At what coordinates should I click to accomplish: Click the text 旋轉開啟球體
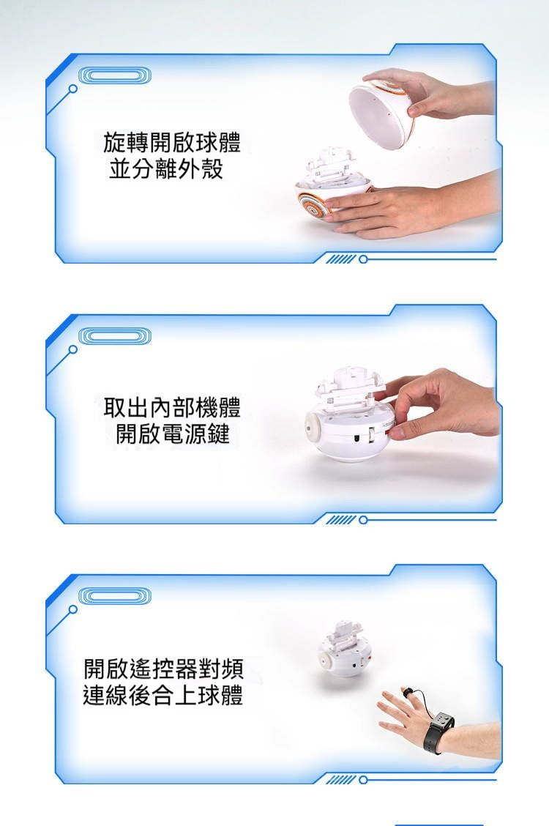(x=171, y=142)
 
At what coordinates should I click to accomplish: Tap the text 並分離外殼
(x=166, y=168)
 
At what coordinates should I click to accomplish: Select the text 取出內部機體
(x=171, y=406)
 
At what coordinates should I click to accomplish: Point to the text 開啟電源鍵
(x=172, y=434)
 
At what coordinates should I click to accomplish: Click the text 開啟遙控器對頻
(x=163, y=669)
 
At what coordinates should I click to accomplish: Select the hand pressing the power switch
(x=438, y=403)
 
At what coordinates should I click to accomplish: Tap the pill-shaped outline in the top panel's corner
(x=115, y=76)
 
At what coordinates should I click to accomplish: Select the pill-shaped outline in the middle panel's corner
(x=115, y=336)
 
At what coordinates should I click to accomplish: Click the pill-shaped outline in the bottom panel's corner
(x=115, y=596)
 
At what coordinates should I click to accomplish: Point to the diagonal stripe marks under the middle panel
(x=340, y=521)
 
